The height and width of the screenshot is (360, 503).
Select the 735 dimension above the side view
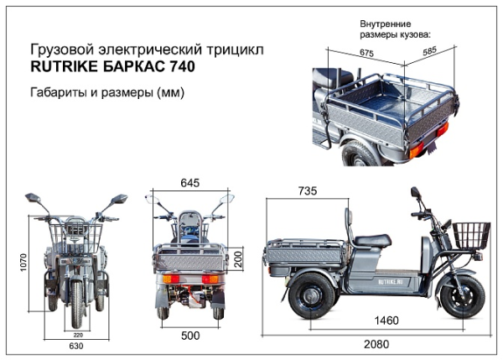[x=307, y=191]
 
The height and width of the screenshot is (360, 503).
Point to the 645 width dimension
[x=189, y=183]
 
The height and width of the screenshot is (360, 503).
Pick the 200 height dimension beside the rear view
[x=237, y=258]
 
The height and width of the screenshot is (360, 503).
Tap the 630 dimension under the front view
[x=75, y=344]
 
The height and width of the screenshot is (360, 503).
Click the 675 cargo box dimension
[x=366, y=52]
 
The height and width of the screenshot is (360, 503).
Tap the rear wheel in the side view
[x=309, y=295]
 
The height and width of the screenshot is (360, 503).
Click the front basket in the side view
[x=473, y=235]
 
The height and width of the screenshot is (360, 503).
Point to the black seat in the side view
[x=371, y=240]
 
